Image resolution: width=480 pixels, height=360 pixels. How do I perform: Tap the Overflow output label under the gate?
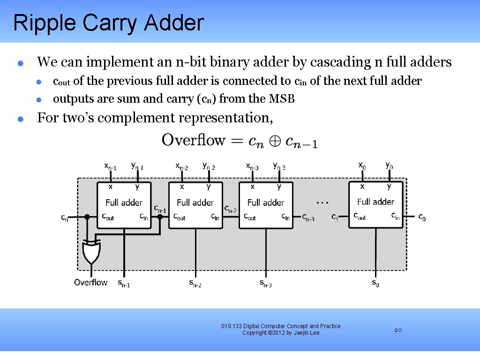(x=90, y=282)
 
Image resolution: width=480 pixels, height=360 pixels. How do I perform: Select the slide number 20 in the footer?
(x=398, y=330)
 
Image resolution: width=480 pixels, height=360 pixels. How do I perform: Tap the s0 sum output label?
(x=375, y=283)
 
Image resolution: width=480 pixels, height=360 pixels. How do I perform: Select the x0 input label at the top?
(x=362, y=165)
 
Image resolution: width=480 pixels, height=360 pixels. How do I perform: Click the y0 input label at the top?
(x=389, y=165)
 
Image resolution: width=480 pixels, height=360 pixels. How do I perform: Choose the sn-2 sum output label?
(x=195, y=283)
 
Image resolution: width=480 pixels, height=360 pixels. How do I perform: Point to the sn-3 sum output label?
(x=265, y=283)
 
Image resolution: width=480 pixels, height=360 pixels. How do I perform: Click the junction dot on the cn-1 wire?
(x=160, y=217)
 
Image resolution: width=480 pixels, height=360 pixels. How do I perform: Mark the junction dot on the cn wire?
(x=87, y=217)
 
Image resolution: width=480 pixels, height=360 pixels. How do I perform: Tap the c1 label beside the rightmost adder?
(x=335, y=217)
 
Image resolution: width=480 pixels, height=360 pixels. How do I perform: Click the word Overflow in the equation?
(x=193, y=140)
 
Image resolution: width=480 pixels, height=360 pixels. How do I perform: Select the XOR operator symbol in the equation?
(x=275, y=141)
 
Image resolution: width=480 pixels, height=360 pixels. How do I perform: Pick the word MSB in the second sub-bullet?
(x=282, y=99)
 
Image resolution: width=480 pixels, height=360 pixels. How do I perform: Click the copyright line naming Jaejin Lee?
(x=281, y=333)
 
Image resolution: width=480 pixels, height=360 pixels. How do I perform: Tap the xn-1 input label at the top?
(x=111, y=166)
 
